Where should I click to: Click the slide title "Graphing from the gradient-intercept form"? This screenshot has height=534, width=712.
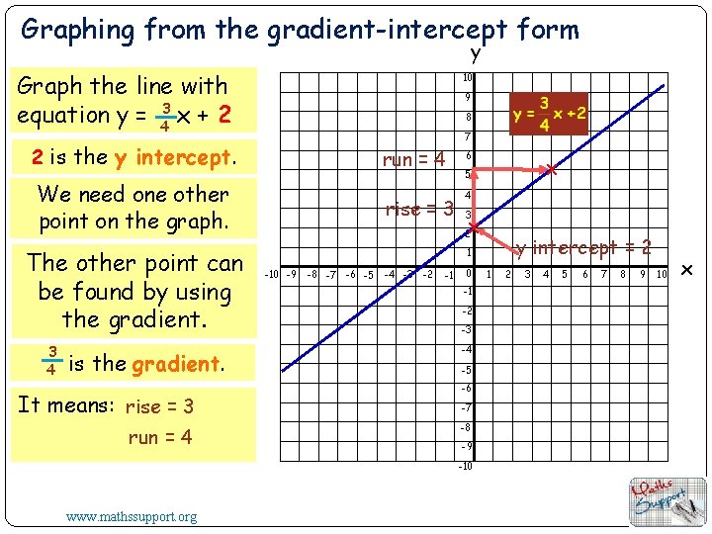point(300,30)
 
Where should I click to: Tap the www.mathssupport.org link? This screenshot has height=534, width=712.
point(131,516)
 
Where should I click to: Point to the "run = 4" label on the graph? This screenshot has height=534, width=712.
point(414,159)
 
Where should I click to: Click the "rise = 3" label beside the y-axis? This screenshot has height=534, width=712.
point(418,209)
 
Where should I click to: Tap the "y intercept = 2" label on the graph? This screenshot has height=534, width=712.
point(583,247)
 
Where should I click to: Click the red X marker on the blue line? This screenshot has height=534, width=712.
point(552,171)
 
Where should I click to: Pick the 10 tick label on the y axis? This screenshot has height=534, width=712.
point(467,78)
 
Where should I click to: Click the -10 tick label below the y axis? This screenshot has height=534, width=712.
point(465,466)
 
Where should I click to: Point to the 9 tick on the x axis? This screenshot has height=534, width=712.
point(643,274)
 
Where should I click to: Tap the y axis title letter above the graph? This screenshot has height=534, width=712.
point(475,53)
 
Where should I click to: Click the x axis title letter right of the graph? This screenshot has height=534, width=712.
point(688,271)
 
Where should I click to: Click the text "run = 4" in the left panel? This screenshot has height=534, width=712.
point(159,437)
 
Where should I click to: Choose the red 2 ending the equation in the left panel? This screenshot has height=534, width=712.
point(225,115)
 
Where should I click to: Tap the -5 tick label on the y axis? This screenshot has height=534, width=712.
point(467,370)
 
